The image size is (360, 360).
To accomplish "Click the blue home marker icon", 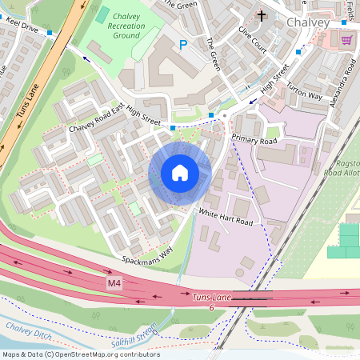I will click(x=180, y=173).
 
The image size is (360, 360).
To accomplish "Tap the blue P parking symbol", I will click(x=183, y=46).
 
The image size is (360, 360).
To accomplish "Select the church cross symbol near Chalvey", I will click(x=261, y=15).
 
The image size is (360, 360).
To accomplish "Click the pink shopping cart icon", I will click(x=346, y=39).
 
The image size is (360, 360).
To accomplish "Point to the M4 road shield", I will click(x=116, y=284).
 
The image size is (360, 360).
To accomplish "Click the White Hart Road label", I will click(x=226, y=216).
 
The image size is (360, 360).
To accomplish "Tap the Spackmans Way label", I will click(x=147, y=255).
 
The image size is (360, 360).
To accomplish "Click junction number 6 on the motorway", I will click(x=211, y=307).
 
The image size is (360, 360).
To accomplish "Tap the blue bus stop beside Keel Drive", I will click(x=50, y=33).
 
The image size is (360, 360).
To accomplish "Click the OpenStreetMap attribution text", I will click(x=82, y=354).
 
